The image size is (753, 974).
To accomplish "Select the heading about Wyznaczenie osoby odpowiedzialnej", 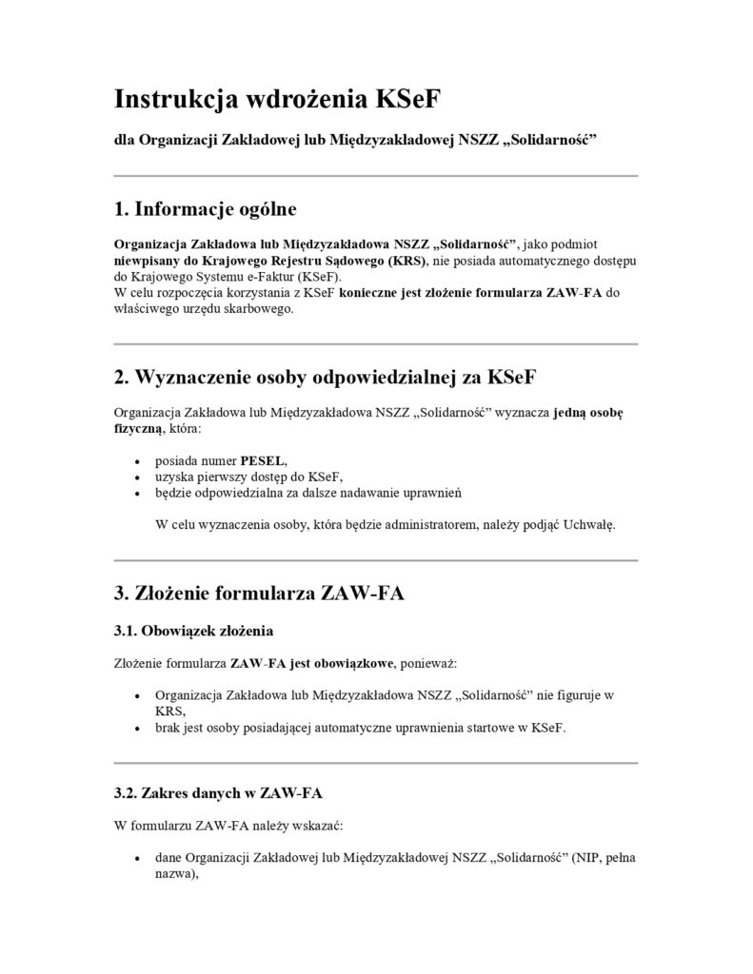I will click(x=325, y=377).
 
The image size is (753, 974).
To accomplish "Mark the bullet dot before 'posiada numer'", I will click(x=140, y=461).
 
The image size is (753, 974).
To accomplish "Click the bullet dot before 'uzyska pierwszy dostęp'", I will click(x=140, y=477).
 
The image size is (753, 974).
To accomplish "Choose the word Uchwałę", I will click(x=590, y=525).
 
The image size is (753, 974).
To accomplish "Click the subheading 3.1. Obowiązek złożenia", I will click(x=195, y=630).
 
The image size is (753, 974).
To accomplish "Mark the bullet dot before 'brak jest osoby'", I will click(x=140, y=729).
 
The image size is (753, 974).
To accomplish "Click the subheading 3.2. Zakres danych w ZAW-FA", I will click(x=224, y=791).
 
